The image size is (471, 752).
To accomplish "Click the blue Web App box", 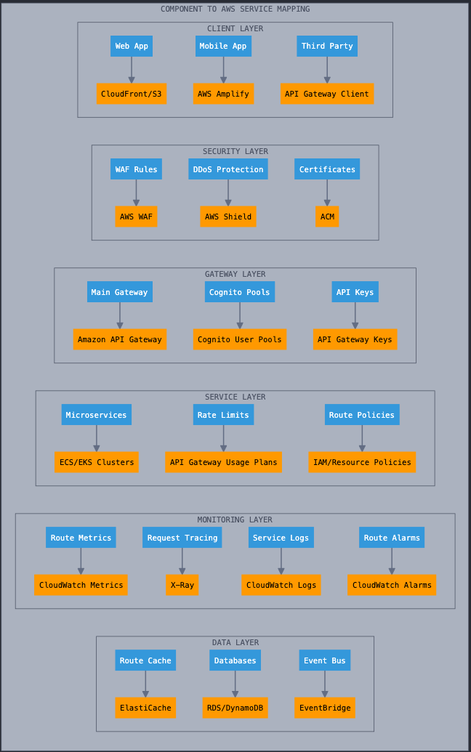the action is point(132,46).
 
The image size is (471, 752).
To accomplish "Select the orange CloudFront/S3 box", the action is point(132,94).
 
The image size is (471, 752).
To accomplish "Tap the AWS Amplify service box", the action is point(224,94).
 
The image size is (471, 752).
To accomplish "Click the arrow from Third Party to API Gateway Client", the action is point(327,70).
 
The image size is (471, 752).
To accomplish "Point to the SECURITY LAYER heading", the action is point(235,152).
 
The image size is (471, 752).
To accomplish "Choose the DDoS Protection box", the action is point(228,169).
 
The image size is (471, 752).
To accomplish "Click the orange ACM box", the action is point(327,217).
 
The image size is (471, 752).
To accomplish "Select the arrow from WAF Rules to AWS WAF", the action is point(136,193).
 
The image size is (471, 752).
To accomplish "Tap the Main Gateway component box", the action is point(119,291).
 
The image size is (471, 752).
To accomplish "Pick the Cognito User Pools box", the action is point(240,339).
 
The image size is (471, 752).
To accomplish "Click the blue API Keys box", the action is point(355,291).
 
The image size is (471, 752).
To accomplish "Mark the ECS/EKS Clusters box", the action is point(97,462).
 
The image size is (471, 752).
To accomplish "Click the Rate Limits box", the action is point(224,414).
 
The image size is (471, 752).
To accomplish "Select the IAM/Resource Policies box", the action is point(362,462).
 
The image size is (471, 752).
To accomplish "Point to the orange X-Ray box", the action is point(182,585).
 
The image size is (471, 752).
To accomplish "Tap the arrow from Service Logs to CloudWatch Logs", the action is point(281,561).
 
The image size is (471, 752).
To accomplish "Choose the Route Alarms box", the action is point(392,537).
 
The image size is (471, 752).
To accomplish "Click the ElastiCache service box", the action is point(145,708).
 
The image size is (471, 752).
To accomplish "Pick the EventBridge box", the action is point(325,708).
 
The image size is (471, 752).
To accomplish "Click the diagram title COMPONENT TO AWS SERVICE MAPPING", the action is point(235,9).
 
